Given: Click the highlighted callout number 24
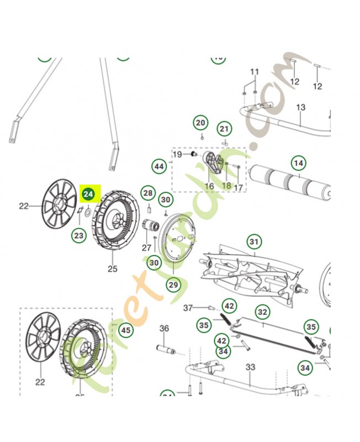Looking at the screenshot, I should [x=89, y=194].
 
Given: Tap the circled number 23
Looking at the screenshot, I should [x=79, y=235].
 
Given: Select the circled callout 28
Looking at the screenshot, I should [x=147, y=193].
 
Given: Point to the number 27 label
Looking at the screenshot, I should [x=146, y=248].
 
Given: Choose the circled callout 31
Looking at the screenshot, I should [x=253, y=242].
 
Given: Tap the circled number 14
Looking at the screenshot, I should [x=298, y=163].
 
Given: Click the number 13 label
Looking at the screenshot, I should [x=301, y=107].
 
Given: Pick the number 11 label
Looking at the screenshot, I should [x=255, y=72].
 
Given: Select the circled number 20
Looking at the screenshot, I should [x=200, y=122].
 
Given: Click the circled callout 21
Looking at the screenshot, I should [x=224, y=130].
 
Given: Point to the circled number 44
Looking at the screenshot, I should [x=159, y=166].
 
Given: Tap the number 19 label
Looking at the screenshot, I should [x=177, y=155].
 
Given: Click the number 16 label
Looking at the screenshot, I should [x=209, y=186].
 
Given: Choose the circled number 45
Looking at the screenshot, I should [x=126, y=330].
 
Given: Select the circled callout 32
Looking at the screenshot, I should [x=262, y=312].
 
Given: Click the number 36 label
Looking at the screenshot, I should [x=164, y=329].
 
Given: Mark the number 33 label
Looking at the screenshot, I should [x=250, y=366].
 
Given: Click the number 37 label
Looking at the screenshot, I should [x=188, y=307].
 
